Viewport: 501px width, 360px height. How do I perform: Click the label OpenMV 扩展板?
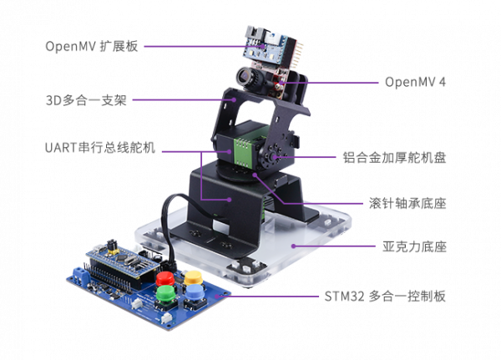[92, 47]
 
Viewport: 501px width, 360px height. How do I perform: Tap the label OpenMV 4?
[415, 82]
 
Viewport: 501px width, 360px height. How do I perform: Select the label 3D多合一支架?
[86, 100]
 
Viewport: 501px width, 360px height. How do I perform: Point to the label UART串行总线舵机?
[100, 148]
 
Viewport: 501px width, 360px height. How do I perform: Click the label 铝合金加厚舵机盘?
[394, 158]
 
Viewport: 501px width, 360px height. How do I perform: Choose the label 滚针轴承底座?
[407, 203]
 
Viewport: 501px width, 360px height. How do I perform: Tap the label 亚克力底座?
[414, 246]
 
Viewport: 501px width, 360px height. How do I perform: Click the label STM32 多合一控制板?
[385, 297]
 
